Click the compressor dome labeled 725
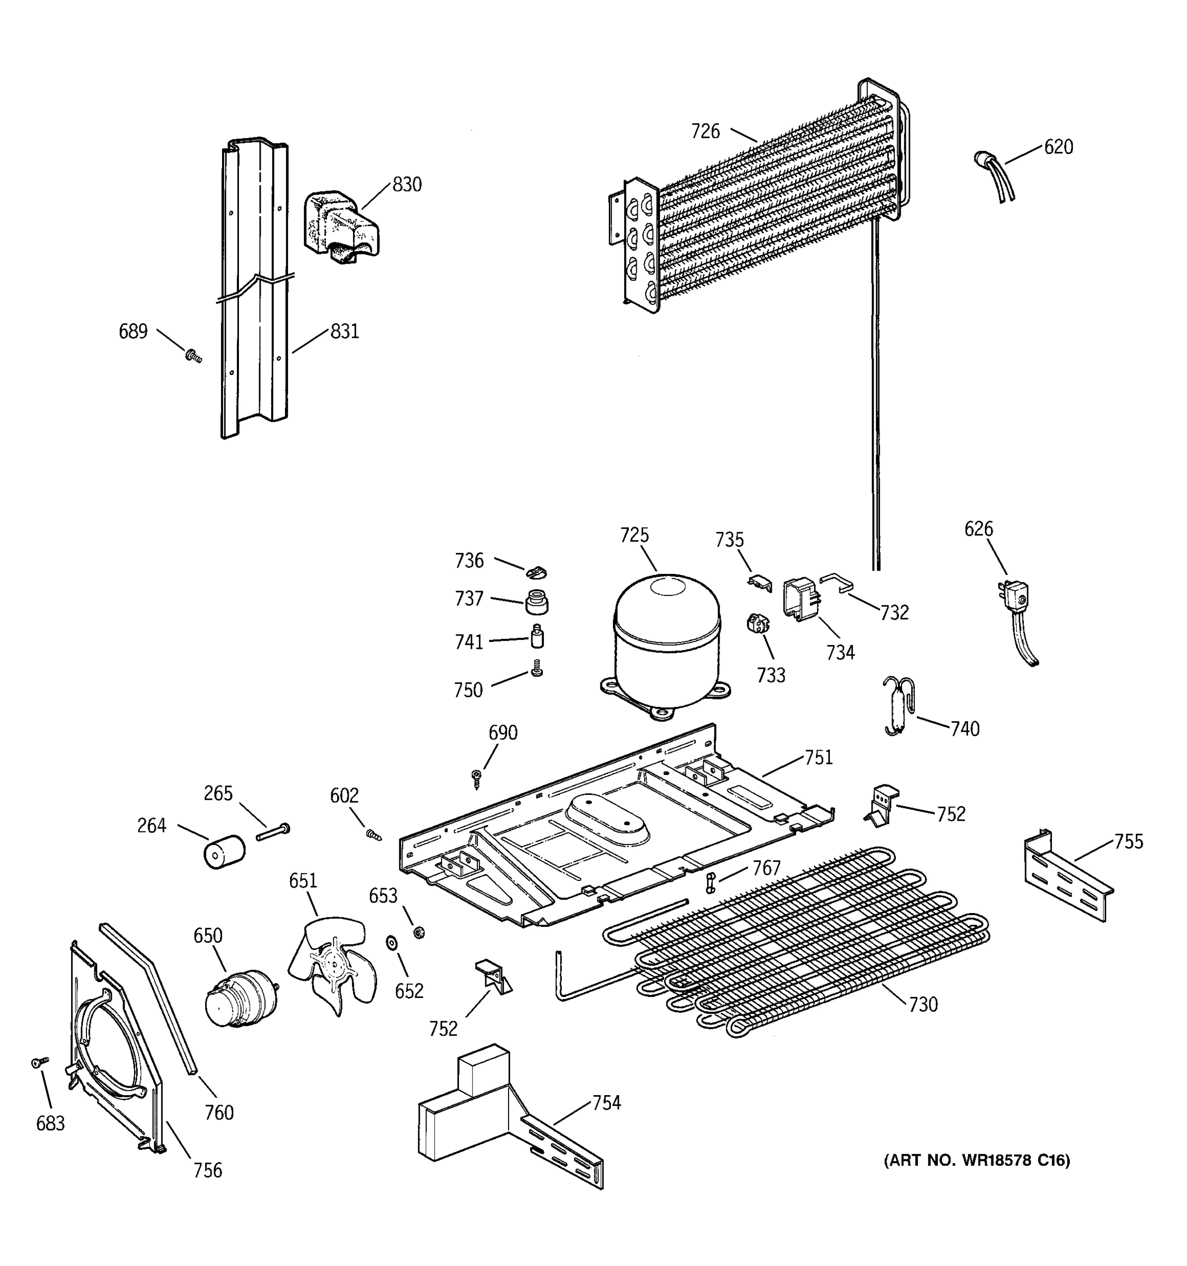[x=666, y=640]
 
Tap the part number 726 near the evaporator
[x=705, y=132]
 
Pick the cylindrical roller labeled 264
[x=224, y=852]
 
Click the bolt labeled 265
[x=273, y=832]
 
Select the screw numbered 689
[x=193, y=356]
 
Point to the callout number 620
[x=1058, y=147]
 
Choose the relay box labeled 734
[x=800, y=599]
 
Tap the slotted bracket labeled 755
[x=1067, y=878]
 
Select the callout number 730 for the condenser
[x=923, y=1005]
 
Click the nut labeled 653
[x=419, y=933]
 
